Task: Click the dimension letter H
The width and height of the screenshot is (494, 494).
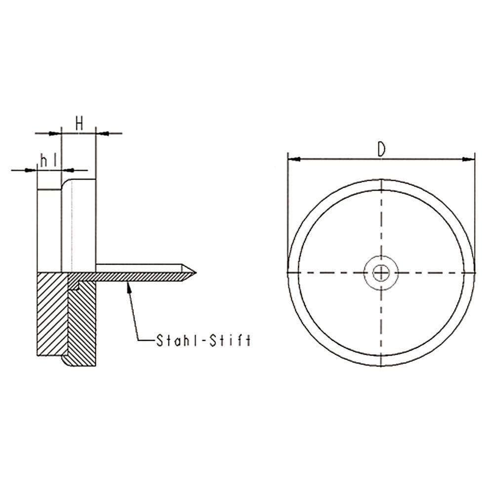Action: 79,123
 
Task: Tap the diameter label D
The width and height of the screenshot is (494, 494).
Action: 381,149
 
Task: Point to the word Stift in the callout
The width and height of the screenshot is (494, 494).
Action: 234,340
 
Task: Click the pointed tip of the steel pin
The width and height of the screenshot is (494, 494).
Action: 195,272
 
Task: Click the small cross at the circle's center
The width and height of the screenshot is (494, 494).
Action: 381,272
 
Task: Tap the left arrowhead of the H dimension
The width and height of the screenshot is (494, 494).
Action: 55,133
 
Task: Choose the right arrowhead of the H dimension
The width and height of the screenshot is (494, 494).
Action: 101,133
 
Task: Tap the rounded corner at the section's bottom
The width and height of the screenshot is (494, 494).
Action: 65,363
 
